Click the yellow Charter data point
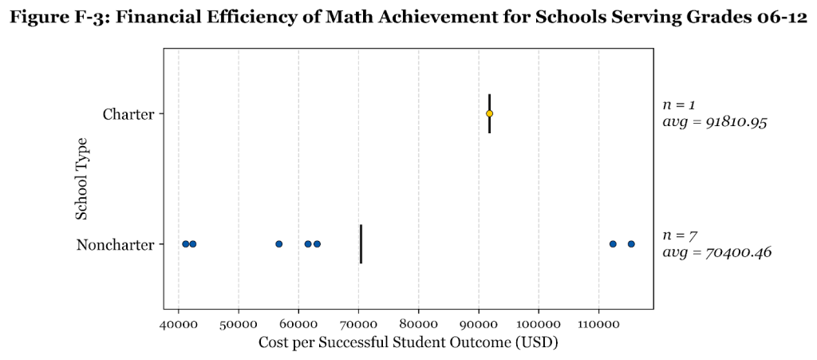tap(489, 113)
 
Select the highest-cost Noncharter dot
tap(631, 243)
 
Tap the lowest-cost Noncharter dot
tap(186, 243)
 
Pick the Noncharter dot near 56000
tap(278, 243)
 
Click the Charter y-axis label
tap(128, 114)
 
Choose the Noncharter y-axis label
tap(115, 244)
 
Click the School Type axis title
tap(81, 179)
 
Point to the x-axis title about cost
tap(408, 343)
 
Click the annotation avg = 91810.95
tap(715, 123)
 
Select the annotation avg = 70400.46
tap(717, 253)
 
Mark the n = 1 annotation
tap(679, 105)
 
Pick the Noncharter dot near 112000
tap(613, 243)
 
